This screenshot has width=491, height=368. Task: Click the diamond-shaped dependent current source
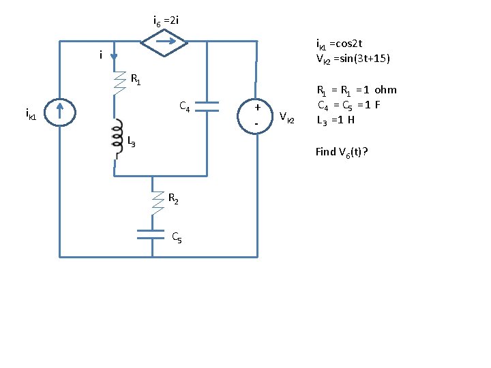click(x=164, y=41)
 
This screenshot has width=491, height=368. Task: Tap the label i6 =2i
click(x=166, y=20)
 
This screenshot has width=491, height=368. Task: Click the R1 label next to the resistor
click(x=136, y=81)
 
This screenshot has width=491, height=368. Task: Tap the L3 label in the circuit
click(x=131, y=142)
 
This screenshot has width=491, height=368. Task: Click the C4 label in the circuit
click(x=184, y=106)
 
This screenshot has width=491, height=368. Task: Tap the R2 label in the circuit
click(x=173, y=200)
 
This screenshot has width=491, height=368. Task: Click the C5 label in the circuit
click(x=176, y=238)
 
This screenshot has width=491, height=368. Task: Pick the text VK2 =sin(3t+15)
click(x=353, y=59)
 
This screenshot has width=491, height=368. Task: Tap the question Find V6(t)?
click(x=342, y=152)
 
